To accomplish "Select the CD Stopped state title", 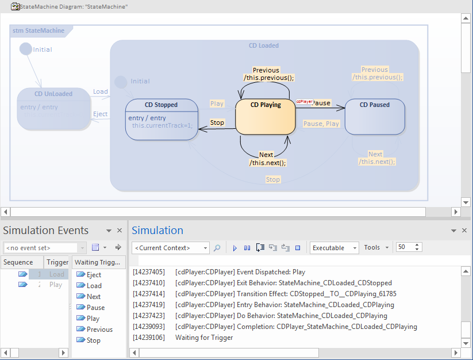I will coord(161,105).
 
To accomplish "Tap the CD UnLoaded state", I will coord(53,108).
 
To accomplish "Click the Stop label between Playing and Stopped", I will coord(217,122).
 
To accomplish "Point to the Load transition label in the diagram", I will coord(101,91).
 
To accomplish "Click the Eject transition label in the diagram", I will coord(101,114).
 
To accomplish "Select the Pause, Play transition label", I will coord(321,124).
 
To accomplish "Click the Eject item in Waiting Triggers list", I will coord(94,275).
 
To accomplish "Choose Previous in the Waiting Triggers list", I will coord(99,330).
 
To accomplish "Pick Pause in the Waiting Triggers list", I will coord(95,308).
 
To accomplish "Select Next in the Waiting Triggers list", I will coord(94,297).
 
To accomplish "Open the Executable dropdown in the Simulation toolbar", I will coord(334,248).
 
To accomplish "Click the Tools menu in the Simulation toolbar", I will coord(376,248).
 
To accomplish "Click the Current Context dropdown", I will coord(170,248).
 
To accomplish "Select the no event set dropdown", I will coord(44,248).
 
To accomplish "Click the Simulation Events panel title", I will coord(46,231).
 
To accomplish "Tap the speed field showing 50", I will coord(405,247).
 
